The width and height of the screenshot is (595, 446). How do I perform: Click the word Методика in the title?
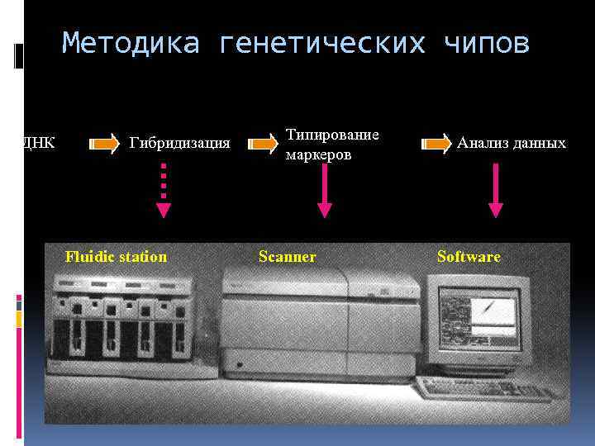[x=131, y=43]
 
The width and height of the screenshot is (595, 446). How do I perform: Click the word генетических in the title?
[x=322, y=43]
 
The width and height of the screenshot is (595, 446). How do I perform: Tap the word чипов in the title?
[x=487, y=43]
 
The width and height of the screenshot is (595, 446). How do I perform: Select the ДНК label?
[x=38, y=144]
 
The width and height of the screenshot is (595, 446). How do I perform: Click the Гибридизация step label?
[x=179, y=144]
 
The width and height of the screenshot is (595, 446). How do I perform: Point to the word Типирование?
[x=332, y=135]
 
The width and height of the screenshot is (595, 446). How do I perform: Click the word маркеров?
[x=318, y=154]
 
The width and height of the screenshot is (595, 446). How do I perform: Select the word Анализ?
[x=483, y=144]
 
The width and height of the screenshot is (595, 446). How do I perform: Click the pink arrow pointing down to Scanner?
[x=325, y=190]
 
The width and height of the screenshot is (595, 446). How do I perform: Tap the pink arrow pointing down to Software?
[x=495, y=190]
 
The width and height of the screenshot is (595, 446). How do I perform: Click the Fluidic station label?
[x=116, y=257]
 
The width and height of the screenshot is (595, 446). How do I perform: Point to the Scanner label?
[x=287, y=257]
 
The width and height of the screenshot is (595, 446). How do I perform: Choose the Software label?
[x=469, y=257]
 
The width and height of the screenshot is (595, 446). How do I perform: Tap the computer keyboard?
[x=484, y=388]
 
